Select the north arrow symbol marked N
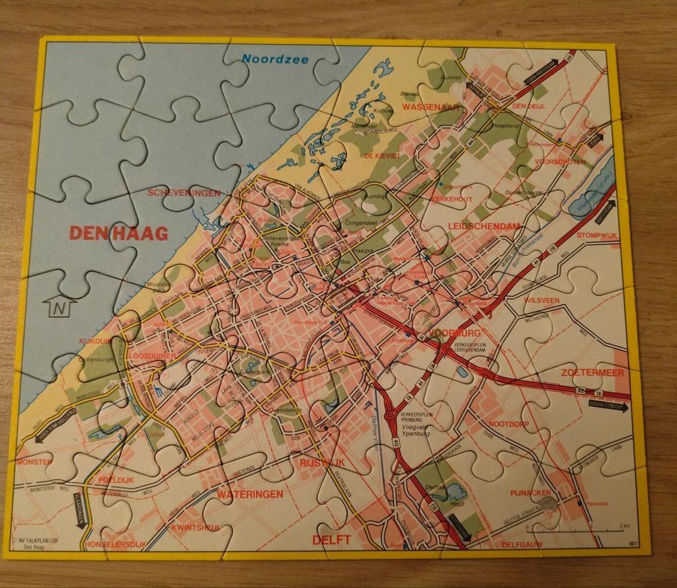click(x=60, y=307)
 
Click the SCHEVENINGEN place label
click(x=184, y=193)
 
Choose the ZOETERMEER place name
click(x=592, y=373)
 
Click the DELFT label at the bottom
click(x=331, y=540)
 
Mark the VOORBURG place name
click(x=454, y=332)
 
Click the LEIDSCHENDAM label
click(x=483, y=227)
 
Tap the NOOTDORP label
click(x=510, y=423)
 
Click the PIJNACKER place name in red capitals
click(x=530, y=492)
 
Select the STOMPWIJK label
click(x=597, y=235)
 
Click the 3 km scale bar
click(x=575, y=530)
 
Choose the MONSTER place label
click(x=34, y=462)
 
